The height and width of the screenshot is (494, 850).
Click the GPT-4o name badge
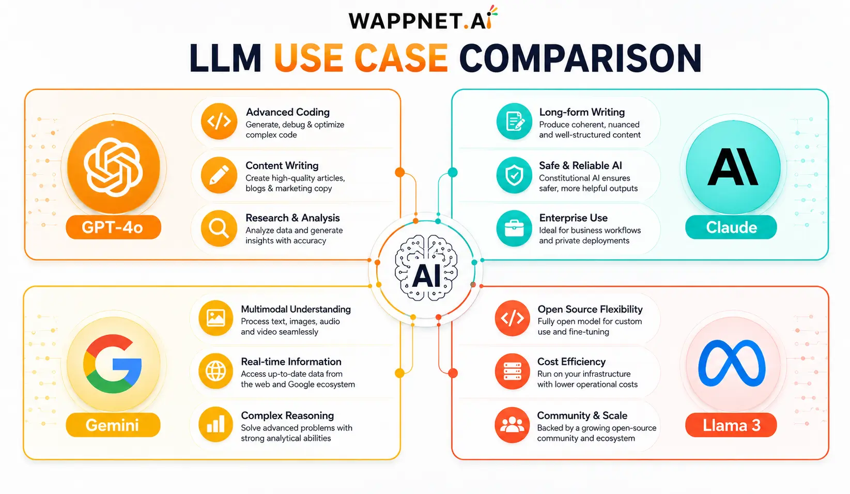point(114,227)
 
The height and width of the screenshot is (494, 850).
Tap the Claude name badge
point(731,227)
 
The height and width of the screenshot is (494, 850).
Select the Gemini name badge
point(113,425)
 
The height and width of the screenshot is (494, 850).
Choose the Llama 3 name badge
point(731,425)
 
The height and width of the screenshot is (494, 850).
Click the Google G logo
point(113,364)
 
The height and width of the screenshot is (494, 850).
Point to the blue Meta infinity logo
point(732,363)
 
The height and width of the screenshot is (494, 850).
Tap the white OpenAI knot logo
point(113,167)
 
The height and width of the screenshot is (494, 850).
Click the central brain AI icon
point(426,268)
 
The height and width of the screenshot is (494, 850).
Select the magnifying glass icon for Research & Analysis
point(219,228)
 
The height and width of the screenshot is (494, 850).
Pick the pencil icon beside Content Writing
point(219,175)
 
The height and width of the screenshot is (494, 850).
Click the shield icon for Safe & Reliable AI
point(514,175)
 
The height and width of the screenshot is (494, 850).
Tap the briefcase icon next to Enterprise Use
point(514,228)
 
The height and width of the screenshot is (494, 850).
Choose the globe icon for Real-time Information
point(216,371)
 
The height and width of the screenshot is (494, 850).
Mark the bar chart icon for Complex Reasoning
point(216,425)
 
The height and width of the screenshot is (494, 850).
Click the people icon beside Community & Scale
point(512,425)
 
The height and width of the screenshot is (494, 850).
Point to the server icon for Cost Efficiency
point(512,371)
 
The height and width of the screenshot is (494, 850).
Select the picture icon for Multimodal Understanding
point(216,318)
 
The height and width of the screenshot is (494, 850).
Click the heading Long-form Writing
point(582,112)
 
